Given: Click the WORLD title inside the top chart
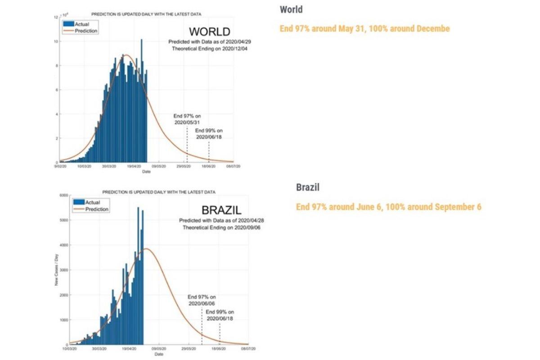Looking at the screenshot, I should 209,32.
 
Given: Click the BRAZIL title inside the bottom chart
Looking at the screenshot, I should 221,210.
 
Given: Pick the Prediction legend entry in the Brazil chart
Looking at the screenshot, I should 96,209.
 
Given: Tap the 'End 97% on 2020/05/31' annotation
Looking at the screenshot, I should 187,119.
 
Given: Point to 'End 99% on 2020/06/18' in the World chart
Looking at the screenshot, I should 209,134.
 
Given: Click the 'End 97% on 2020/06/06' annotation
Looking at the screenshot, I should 202,300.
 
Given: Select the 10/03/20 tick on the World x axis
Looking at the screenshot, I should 84,166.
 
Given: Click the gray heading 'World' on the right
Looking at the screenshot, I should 291,9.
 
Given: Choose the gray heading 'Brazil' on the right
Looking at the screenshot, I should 308,187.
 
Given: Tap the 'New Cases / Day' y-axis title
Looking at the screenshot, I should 57,270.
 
